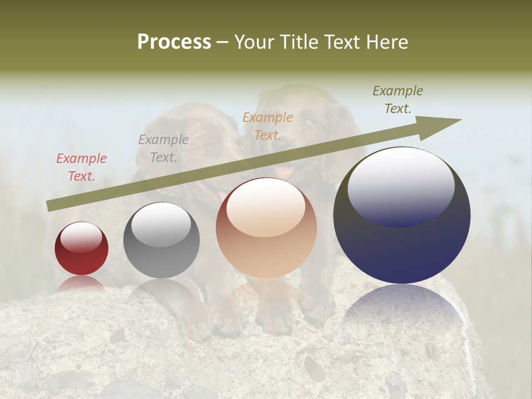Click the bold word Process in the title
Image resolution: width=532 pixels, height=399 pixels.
(174, 42)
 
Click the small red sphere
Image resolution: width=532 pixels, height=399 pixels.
(81, 249)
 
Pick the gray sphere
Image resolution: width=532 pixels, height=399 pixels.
(161, 241)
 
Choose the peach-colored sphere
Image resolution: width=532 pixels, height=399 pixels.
(266, 228)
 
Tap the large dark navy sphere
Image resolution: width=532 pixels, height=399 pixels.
(402, 216)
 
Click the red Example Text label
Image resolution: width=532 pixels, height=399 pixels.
(81, 167)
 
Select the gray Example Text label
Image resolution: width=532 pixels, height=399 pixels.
(163, 149)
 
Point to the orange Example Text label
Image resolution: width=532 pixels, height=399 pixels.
(268, 126)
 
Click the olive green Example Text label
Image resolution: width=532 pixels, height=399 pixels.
(398, 100)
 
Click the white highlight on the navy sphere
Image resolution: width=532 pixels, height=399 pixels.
(401, 186)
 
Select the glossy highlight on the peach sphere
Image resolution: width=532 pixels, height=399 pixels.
(265, 208)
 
